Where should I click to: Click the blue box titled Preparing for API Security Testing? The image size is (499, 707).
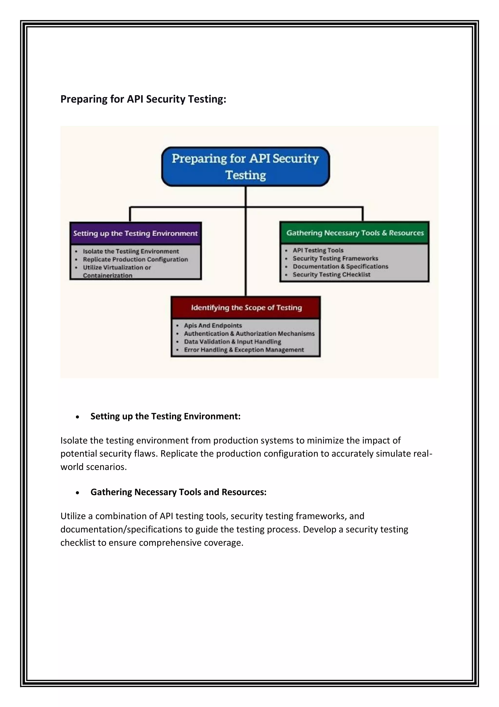click(245, 167)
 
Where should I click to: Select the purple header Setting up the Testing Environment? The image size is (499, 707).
click(135, 233)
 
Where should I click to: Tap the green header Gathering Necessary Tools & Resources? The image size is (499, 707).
click(355, 233)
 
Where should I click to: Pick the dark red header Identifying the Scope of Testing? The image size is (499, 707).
click(246, 307)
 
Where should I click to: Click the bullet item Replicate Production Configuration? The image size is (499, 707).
click(135, 259)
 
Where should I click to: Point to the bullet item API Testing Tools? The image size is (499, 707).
click(318, 250)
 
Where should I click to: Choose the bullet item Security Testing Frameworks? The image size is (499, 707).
click(335, 258)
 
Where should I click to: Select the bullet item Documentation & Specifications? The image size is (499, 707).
click(340, 266)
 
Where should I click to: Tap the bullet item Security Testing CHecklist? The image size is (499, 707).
click(331, 274)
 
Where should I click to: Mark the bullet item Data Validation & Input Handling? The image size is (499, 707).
click(232, 341)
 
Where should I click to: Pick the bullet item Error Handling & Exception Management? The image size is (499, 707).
click(244, 349)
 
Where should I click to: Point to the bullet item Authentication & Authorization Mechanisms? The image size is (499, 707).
click(249, 333)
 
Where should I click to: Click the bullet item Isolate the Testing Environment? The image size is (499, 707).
click(131, 251)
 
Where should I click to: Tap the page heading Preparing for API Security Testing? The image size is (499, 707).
click(143, 99)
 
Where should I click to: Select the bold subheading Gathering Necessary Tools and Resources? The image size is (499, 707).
click(178, 492)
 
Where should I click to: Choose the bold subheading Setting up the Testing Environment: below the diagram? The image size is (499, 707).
click(165, 416)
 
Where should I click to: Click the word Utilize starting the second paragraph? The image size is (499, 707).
click(73, 516)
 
